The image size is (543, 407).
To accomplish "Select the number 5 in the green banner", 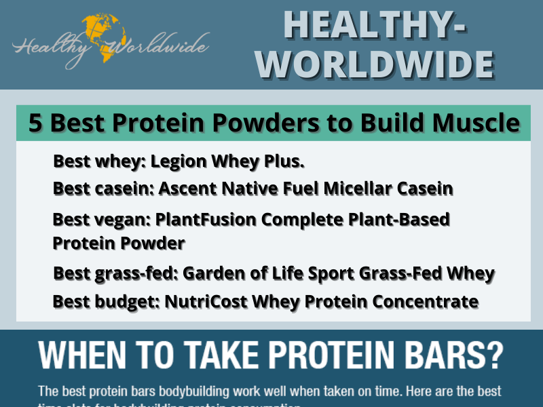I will point(35,123).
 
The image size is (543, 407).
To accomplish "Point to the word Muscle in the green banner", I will point(478,123).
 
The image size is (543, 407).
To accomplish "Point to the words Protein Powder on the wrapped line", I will point(118,242).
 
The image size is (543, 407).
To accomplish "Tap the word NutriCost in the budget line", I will point(198,301).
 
